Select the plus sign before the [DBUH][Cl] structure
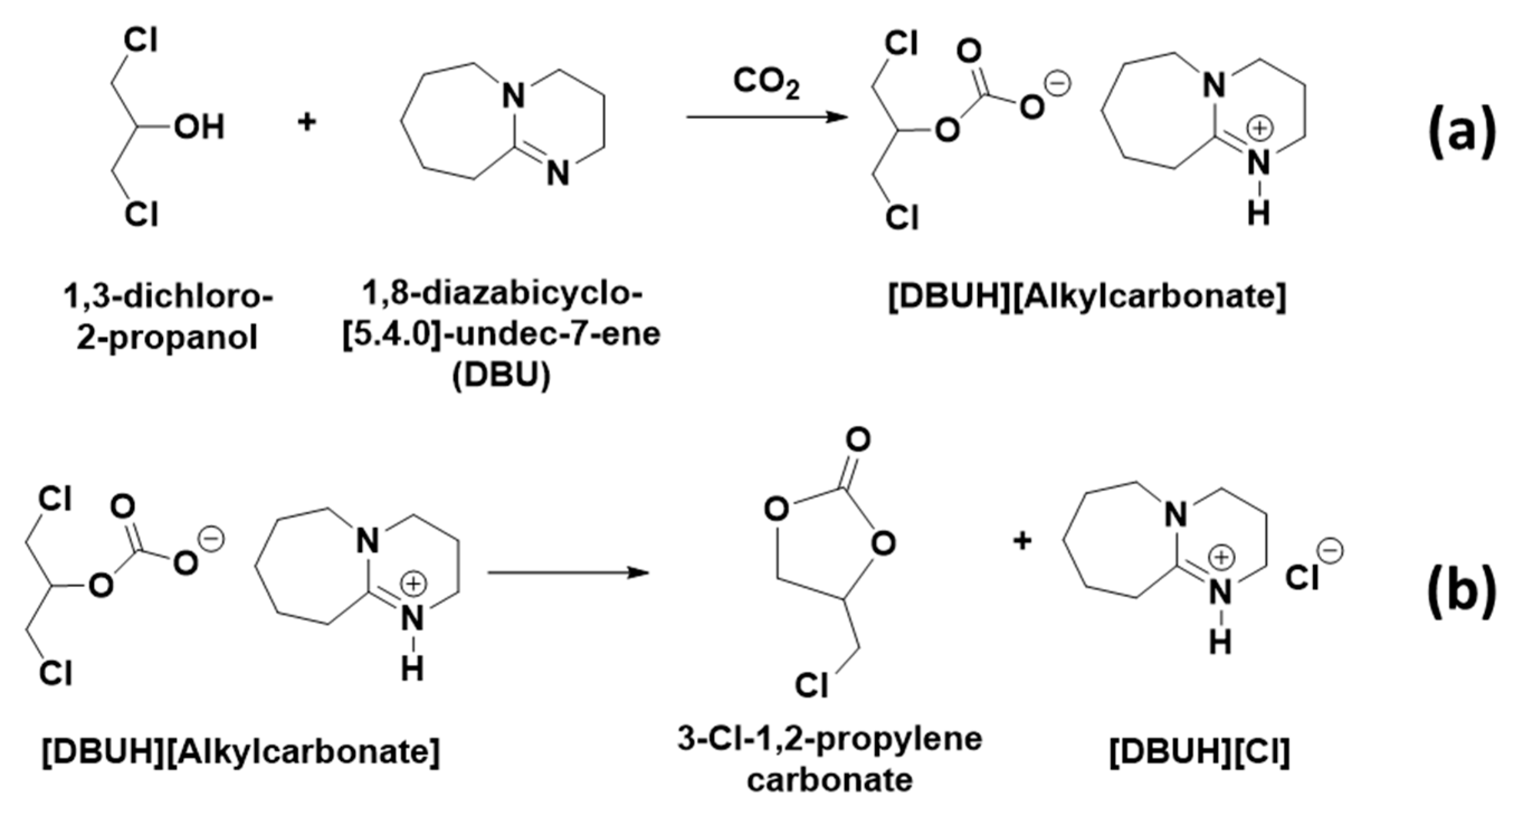pos(1022,541)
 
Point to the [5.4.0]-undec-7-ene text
pos(501,335)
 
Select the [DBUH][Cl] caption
pos(1200,753)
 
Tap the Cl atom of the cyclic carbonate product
pos(811,686)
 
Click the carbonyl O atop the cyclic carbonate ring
pos(858,441)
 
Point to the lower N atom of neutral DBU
pos(557,174)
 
